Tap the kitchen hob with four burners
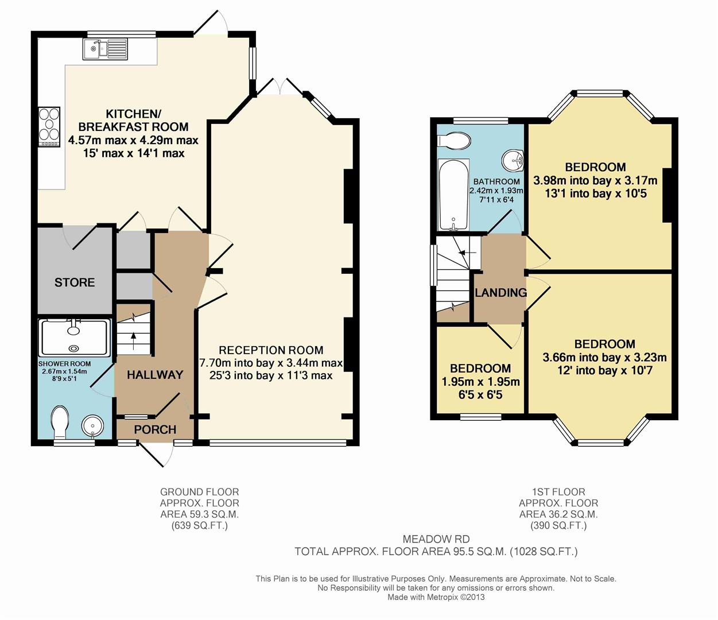click(49, 127)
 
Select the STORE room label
click(75, 282)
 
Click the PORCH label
click(155, 429)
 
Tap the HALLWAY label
click(155, 375)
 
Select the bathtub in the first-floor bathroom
click(453, 195)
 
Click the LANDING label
click(500, 293)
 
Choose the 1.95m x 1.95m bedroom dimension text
click(480, 382)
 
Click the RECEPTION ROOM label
click(271, 350)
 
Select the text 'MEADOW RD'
click(436, 539)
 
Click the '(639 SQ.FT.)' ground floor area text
click(199, 525)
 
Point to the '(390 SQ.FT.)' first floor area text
click(558, 525)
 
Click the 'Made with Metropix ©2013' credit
click(436, 597)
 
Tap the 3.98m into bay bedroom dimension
click(595, 180)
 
